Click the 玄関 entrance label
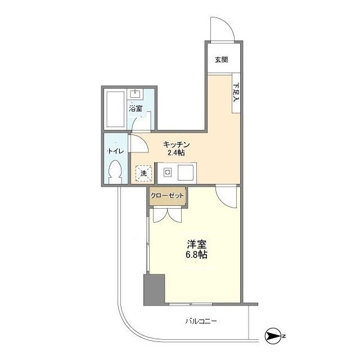tap(221, 60)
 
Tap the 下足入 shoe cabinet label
tap(236, 92)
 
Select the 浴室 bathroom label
tap(136, 108)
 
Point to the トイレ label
tap(116, 151)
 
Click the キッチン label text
tap(176, 145)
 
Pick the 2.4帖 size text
tap(176, 152)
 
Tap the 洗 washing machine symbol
tap(144, 173)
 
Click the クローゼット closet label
tap(168, 196)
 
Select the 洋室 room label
tap(196, 245)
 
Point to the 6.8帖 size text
tap(196, 255)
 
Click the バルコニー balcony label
tap(201, 321)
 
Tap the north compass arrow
tap(273, 336)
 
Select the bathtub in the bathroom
tap(115, 110)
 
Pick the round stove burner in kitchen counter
tap(168, 172)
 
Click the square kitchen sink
tap(186, 173)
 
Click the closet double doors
tap(168, 215)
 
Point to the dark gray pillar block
tap(154, 290)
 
